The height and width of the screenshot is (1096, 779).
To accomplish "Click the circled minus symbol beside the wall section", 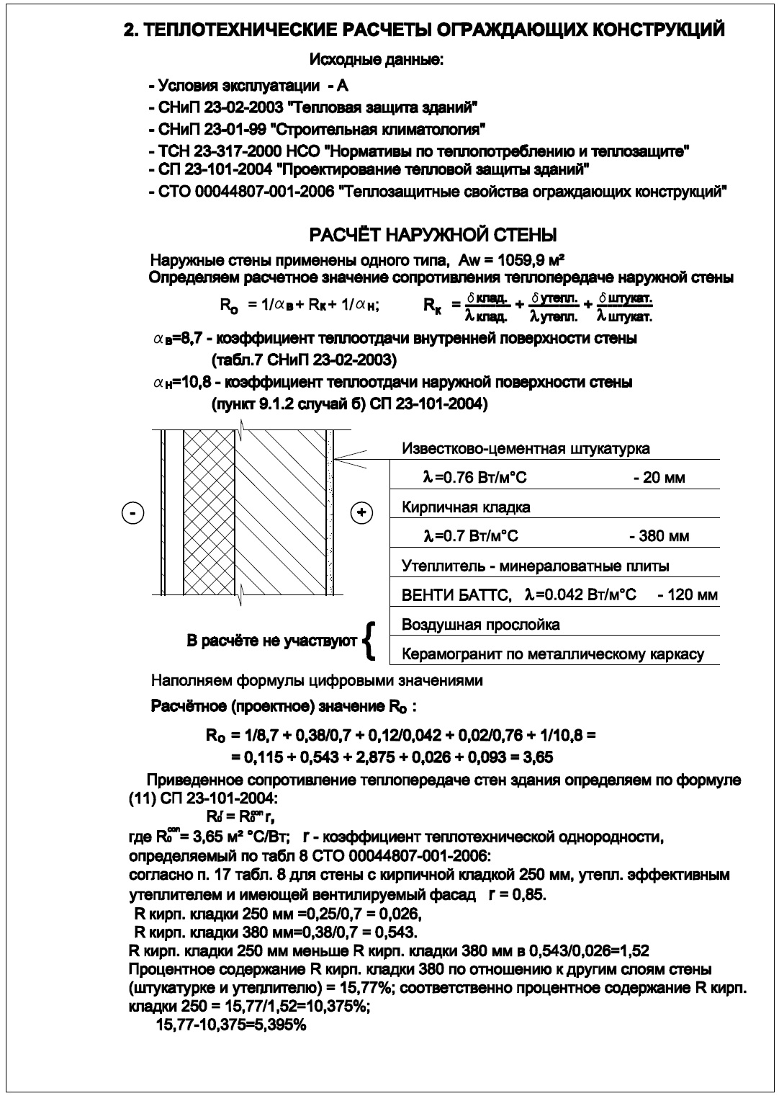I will coord(133,513).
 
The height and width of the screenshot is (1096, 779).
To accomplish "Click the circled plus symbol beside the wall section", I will coord(361,513).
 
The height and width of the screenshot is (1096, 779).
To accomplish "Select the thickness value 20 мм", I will coord(664,478).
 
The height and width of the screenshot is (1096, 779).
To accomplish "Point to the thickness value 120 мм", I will coord(688,595).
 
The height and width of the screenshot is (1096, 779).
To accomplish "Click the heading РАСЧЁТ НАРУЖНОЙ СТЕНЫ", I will coord(433,236).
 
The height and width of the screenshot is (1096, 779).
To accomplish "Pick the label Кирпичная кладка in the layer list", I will coord(466,507).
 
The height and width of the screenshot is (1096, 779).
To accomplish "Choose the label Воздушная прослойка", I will coord(480,625).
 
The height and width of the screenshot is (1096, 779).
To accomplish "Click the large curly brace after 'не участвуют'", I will coord(369,640).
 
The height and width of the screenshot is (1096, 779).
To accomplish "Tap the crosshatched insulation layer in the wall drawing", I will coord(210,513).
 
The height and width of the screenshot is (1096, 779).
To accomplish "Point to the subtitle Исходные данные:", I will coord(376,60).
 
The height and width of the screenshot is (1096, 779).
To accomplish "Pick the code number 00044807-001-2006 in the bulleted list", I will coord(264,192).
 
